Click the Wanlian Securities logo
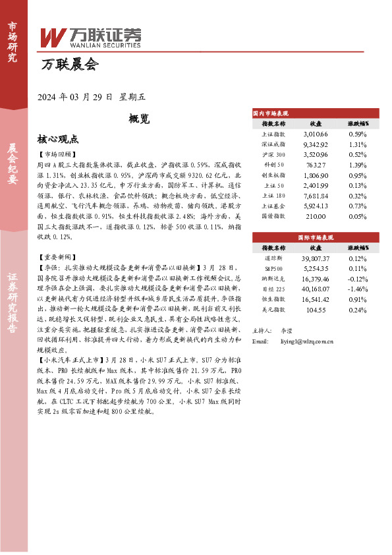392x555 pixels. tap(91, 36)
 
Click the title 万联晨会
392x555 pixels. tap(69, 65)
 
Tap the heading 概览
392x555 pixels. tap(139, 119)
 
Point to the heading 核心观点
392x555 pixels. tap(58, 140)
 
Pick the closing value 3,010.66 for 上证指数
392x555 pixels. tap(316, 134)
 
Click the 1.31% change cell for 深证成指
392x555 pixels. tap(358, 144)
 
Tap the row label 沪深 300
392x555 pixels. tap(273, 154)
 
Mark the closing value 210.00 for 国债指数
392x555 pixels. tap(316, 216)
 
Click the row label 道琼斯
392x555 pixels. tap(273, 258)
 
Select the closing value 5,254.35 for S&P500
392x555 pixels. tap(316, 268)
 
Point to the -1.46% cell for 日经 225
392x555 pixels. tap(358, 289)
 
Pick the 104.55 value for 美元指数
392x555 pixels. tap(316, 309)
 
